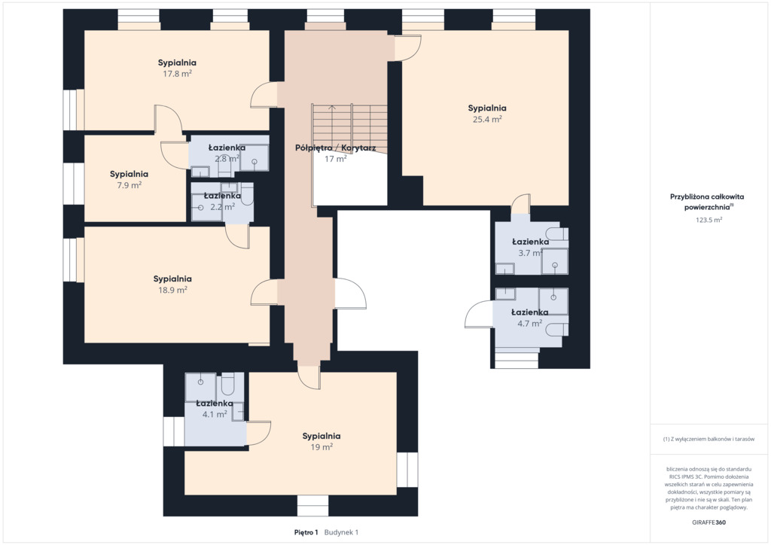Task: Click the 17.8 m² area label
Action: pyautogui.click(x=178, y=74)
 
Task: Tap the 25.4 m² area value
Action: pyautogui.click(x=487, y=119)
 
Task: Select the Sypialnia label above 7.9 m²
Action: pyautogui.click(x=129, y=174)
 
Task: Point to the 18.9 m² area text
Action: pyautogui.click(x=172, y=290)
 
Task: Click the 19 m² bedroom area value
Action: pyautogui.click(x=322, y=446)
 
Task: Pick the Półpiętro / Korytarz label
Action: pyautogui.click(x=335, y=148)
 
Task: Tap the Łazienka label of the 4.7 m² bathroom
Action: pyautogui.click(x=529, y=312)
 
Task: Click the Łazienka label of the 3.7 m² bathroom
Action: pyautogui.click(x=531, y=242)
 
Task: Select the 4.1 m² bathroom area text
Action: pyautogui.click(x=215, y=414)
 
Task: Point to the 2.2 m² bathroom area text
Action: pyautogui.click(x=222, y=207)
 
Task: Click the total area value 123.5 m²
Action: pyautogui.click(x=709, y=220)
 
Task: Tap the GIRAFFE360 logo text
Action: pyautogui.click(x=709, y=522)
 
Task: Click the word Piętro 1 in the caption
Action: pyautogui.click(x=306, y=532)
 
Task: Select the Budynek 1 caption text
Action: pyautogui.click(x=341, y=532)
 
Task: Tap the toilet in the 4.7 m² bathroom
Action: pyautogui.click(x=557, y=329)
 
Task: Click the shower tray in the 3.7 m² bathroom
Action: pyautogui.click(x=555, y=261)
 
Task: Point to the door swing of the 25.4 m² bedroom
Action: pyautogui.click(x=407, y=48)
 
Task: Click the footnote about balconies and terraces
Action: pyautogui.click(x=709, y=439)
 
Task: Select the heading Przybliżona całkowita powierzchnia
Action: pyautogui.click(x=707, y=202)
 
